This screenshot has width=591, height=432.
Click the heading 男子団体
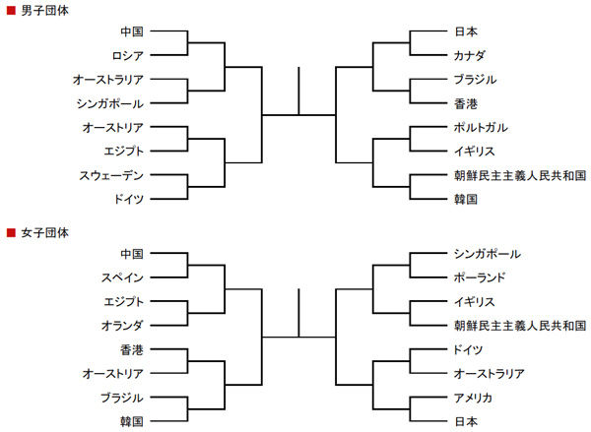coord(45,10)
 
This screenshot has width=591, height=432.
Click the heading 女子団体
coord(45,233)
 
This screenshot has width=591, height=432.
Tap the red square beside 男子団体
coord(11,11)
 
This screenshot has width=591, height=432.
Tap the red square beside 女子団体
coord(11,233)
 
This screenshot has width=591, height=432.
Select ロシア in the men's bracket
coord(128,56)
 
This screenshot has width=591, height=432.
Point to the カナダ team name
coord(469,56)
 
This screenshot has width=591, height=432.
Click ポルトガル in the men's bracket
coord(481,128)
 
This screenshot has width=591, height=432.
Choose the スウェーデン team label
coord(111,175)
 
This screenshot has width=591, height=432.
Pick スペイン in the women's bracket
coord(122,278)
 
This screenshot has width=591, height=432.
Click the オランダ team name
coord(122,326)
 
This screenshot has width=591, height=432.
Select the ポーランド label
coord(480,278)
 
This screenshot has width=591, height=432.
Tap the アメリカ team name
coord(473,398)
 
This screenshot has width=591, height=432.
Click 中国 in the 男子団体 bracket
coord(132,31)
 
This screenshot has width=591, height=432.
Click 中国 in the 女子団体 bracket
coord(132,254)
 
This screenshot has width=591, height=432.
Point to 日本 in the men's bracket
coord(466,31)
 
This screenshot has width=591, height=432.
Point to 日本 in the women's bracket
coord(466,422)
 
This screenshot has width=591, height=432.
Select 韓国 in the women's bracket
coord(132,422)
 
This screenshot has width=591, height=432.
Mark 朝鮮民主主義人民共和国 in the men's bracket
coord(520,175)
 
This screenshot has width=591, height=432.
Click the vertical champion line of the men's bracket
coord(298,91)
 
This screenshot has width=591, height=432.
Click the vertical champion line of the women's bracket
coord(298,313)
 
